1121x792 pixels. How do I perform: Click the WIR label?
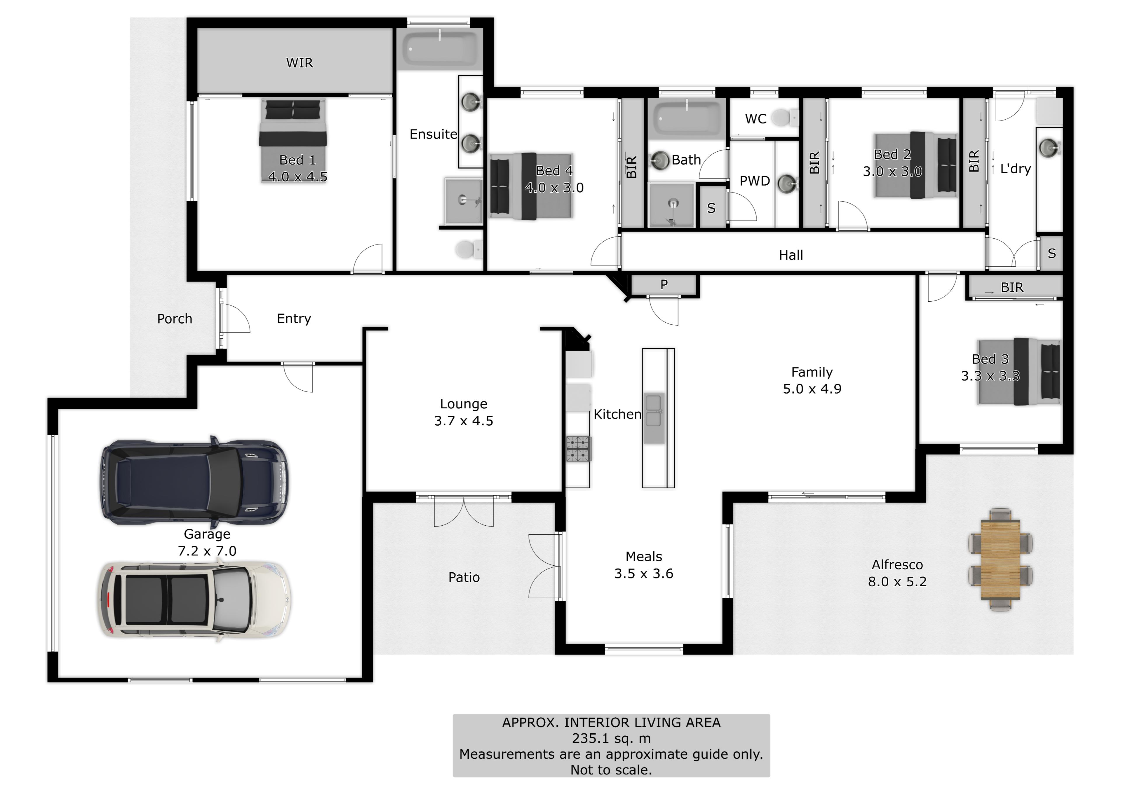[x=299, y=63]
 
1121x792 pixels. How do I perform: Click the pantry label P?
[x=664, y=284]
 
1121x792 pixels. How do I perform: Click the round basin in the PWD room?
[x=787, y=184]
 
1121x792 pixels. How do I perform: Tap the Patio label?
[x=464, y=577]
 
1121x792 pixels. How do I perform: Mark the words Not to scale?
[x=611, y=770]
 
